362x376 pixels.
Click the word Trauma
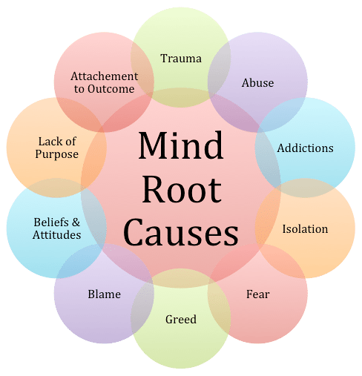tap(181, 59)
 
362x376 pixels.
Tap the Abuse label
tap(257, 83)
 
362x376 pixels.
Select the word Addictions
tap(305, 148)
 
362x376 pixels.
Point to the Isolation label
tap(305, 229)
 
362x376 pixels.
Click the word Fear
tap(258, 294)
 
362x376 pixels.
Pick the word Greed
tap(181, 319)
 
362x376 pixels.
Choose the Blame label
tap(105, 294)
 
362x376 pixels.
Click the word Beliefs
tap(51, 222)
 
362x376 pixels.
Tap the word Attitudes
tap(57, 235)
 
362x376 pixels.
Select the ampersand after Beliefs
tap(76, 222)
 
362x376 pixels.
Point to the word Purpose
tap(57, 155)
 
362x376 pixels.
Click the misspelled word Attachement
tap(105, 76)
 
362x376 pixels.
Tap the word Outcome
tap(111, 89)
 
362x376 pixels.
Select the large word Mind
tap(181, 145)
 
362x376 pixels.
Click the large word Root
tap(182, 189)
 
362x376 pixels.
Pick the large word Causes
tap(181, 232)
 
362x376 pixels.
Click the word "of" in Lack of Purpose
tap(70, 142)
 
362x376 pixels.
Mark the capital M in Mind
tap(154, 145)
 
